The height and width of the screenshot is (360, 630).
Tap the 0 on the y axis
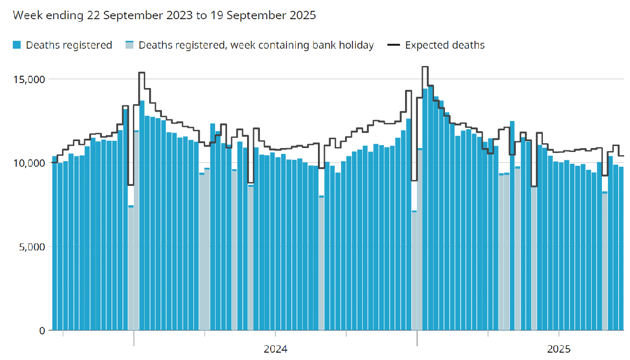click(42, 330)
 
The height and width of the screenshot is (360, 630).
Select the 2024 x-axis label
click(276, 350)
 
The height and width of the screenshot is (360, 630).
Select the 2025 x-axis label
click(559, 350)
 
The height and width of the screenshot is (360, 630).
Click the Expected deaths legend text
click(444, 45)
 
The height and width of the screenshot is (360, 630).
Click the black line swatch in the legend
click(394, 45)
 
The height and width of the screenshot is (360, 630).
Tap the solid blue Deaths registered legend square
click(17, 45)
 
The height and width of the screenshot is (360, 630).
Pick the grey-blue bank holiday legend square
click(129, 45)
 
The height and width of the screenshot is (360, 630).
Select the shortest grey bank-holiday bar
click(414, 270)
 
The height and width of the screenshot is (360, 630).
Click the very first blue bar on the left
click(55, 246)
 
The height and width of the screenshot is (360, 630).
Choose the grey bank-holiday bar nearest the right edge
click(605, 261)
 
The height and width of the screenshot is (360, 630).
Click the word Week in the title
click(24, 15)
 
